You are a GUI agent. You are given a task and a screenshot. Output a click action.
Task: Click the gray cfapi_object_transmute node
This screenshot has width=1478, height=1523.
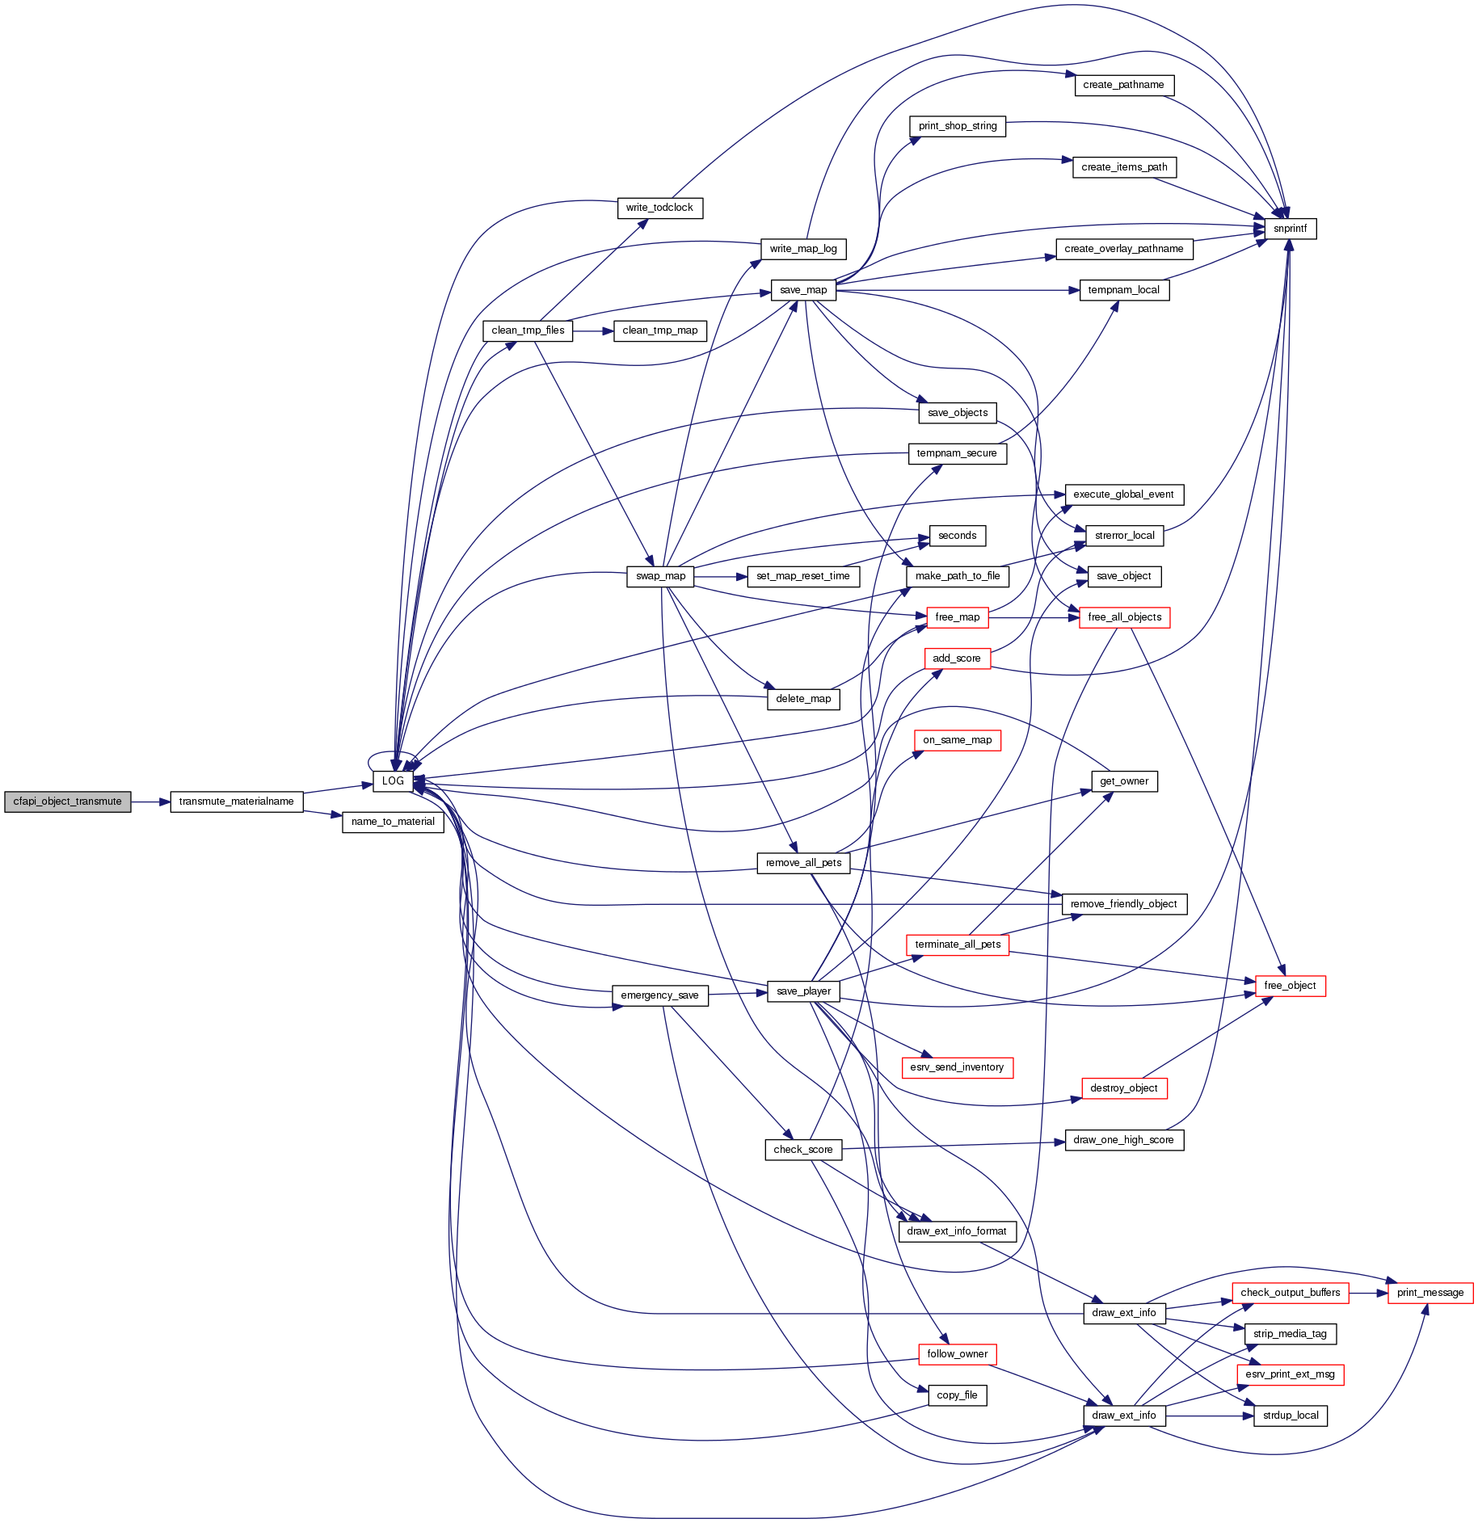(x=67, y=801)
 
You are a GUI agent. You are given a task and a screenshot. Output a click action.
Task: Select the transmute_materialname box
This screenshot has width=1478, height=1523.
(x=236, y=801)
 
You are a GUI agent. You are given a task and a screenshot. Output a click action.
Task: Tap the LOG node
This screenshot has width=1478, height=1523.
(x=393, y=781)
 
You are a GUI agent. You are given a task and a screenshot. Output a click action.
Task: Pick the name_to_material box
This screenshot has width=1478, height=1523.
(x=393, y=822)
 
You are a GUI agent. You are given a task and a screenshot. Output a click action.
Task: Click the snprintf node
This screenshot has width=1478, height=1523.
(x=1290, y=229)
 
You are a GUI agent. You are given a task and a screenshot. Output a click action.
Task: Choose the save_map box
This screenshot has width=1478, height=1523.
(x=803, y=290)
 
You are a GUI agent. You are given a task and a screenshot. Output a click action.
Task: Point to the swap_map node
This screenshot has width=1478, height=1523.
(x=660, y=576)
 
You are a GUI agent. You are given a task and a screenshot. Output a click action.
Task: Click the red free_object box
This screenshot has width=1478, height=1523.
(x=1290, y=986)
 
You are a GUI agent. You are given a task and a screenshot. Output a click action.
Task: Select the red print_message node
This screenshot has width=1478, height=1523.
(x=1430, y=1293)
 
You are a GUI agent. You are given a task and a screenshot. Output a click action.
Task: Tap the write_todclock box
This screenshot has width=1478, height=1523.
(x=659, y=208)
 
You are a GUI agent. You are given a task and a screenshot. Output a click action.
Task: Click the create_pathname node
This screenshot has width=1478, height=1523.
(x=1123, y=85)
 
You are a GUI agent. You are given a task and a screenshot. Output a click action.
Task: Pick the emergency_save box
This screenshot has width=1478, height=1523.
(x=659, y=995)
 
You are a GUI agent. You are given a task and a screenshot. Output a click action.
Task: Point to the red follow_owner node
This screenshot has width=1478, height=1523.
(x=957, y=1354)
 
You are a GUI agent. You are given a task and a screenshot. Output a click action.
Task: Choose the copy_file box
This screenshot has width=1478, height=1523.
(x=957, y=1395)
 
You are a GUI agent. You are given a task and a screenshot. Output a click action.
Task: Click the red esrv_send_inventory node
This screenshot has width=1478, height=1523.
(x=957, y=1067)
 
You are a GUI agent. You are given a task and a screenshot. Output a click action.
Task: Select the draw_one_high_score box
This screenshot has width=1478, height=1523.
(x=1123, y=1140)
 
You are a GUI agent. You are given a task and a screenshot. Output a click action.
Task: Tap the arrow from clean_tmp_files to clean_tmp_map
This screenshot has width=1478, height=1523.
(x=593, y=330)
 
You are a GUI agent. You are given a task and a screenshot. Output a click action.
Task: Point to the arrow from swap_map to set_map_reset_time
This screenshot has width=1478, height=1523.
(x=720, y=576)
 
